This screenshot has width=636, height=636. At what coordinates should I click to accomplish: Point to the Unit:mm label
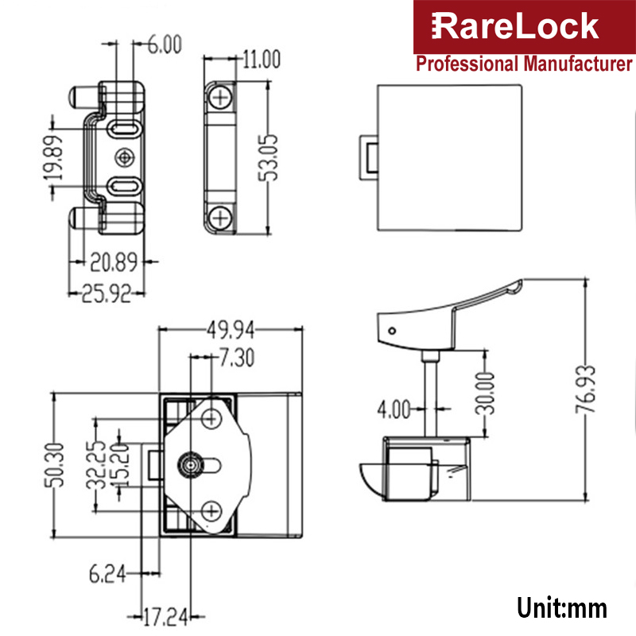click(x=562, y=608)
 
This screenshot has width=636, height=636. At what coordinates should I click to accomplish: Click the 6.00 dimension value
click(x=164, y=45)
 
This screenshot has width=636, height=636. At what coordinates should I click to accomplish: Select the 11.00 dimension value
click(x=262, y=59)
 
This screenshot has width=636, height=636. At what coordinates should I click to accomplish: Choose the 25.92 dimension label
click(x=104, y=293)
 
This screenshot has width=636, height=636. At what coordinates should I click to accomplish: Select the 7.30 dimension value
click(x=235, y=359)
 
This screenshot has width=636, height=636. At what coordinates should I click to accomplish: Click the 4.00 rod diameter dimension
click(x=394, y=409)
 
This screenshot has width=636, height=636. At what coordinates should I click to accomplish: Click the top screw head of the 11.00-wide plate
click(x=219, y=97)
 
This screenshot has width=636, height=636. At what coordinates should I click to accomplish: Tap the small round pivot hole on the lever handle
click(x=390, y=330)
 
